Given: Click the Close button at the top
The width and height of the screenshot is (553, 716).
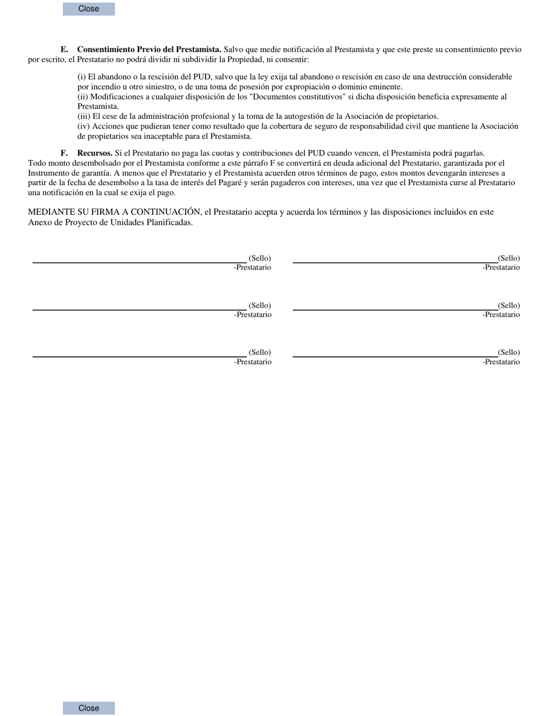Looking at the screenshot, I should click(88, 9).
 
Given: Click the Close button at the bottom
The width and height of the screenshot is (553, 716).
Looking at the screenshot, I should click(88, 708).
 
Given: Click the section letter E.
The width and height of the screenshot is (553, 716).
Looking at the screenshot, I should click(64, 49).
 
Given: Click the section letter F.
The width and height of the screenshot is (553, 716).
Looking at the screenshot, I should click(64, 153).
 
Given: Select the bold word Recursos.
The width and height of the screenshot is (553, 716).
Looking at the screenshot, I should click(95, 153).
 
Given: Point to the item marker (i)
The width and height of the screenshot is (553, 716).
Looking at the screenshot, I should click(81, 77).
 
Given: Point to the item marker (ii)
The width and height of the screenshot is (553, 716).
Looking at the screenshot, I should click(83, 97).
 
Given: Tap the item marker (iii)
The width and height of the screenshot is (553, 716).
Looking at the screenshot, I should click(84, 116).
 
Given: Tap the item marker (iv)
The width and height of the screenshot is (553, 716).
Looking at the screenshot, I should click(84, 126).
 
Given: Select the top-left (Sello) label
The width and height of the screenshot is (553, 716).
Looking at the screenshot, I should click(260, 258).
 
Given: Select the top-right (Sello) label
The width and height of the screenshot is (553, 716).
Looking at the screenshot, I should click(509, 258).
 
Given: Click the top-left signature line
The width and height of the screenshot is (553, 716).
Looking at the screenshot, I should click(140, 263).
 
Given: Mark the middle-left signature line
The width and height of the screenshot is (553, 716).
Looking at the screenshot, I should click(140, 310).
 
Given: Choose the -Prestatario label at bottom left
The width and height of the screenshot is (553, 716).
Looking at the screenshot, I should click(253, 362).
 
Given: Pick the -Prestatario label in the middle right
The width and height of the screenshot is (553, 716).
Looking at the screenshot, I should click(501, 315).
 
